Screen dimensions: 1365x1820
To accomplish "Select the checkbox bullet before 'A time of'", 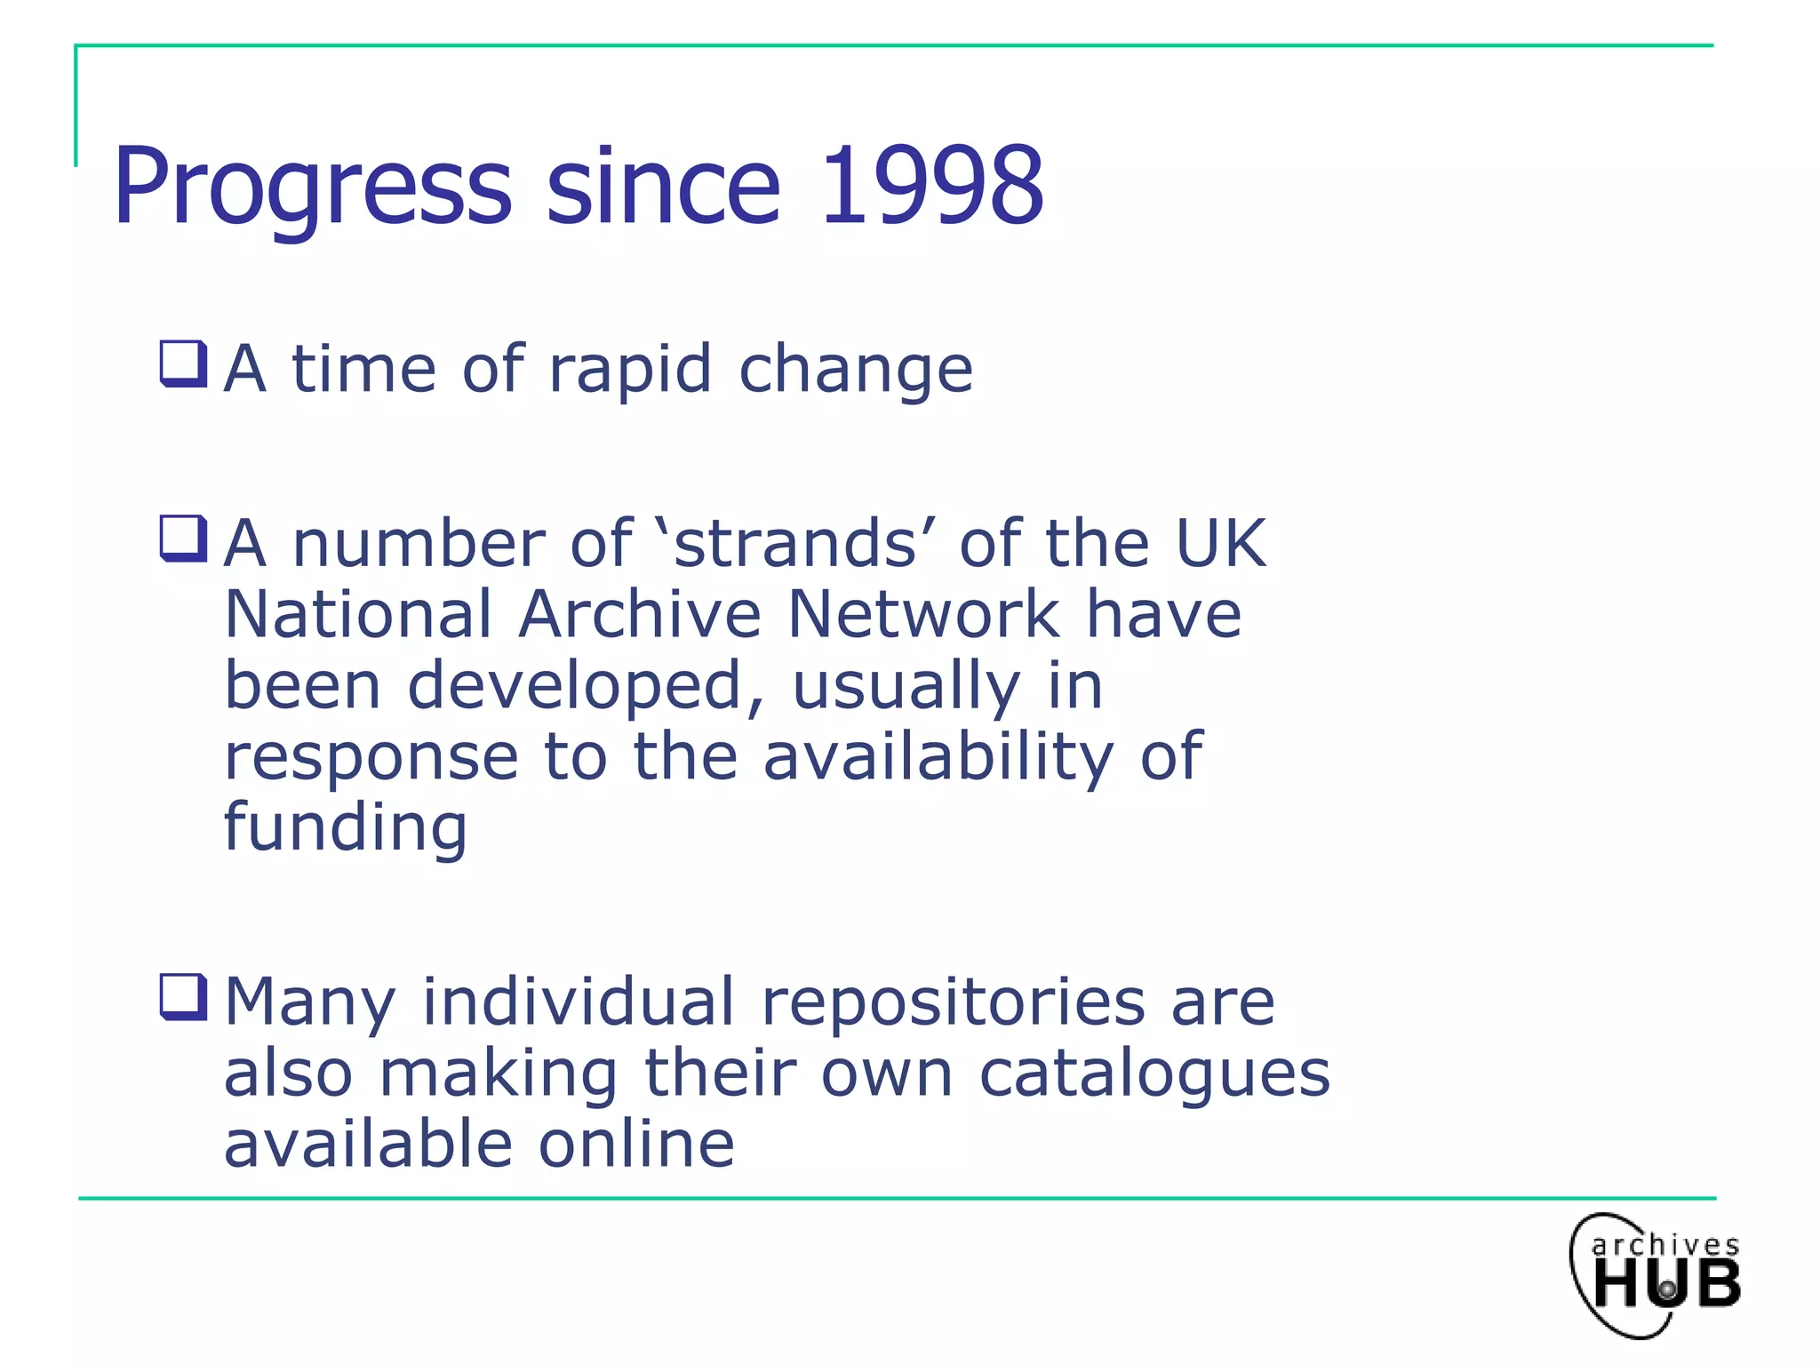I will pyautogui.click(x=183, y=364).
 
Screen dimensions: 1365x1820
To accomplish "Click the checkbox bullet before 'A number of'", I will pyautogui.click(x=183, y=539).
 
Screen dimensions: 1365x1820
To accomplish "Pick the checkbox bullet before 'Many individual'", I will pyautogui.click(x=183, y=997).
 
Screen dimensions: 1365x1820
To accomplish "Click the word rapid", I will pyautogui.click(x=630, y=370).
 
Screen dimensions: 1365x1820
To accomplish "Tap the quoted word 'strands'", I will pyautogui.click(x=794, y=543).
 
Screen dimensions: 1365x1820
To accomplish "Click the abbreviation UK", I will pyautogui.click(x=1220, y=543).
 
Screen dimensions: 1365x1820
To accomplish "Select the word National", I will pyautogui.click(x=358, y=614).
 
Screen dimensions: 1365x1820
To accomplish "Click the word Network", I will pyautogui.click(x=924, y=614).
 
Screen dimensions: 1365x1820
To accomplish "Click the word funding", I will pyautogui.click(x=345, y=828).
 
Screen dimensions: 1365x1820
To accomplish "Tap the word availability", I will pyautogui.click(x=938, y=757).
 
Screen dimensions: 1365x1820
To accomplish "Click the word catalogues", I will pyautogui.click(x=1154, y=1074).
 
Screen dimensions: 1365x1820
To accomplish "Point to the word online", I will pyautogui.click(x=636, y=1144).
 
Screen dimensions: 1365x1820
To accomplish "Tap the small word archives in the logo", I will pyautogui.click(x=1665, y=1245).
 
